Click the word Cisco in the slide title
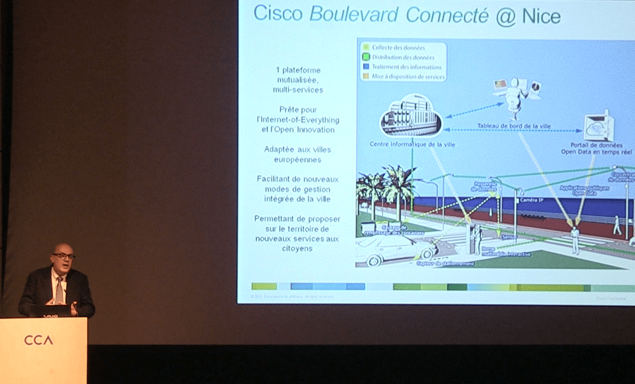(278, 14)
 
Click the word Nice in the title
(541, 17)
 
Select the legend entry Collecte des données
(398, 48)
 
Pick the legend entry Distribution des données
(403, 57)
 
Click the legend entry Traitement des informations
(406, 67)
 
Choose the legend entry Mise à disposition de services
(408, 77)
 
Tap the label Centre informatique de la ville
(412, 145)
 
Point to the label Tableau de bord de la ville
(514, 126)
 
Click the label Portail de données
(596, 145)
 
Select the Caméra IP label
(531, 200)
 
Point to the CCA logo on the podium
(38, 340)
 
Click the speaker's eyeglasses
(63, 256)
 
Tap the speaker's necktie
(59, 290)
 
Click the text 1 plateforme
(298, 70)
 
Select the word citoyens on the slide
(297, 248)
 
